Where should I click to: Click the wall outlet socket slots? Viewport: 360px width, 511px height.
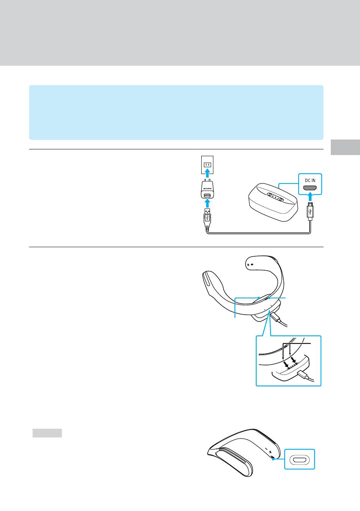[207, 165]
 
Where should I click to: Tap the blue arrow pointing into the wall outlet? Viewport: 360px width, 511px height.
[207, 173]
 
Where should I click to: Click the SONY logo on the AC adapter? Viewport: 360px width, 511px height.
[207, 189]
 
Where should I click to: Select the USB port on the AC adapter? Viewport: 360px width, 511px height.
[207, 196]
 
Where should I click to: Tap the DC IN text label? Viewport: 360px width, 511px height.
[310, 180]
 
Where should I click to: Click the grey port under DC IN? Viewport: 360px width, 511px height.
[310, 188]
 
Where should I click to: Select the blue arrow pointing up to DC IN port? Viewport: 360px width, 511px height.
[310, 197]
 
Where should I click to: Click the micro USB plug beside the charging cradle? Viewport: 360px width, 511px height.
[310, 211]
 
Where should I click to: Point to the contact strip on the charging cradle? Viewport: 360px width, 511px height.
[275, 197]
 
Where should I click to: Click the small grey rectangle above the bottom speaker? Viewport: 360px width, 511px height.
[47, 433]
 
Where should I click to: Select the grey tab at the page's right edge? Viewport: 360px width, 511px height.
[345, 147]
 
